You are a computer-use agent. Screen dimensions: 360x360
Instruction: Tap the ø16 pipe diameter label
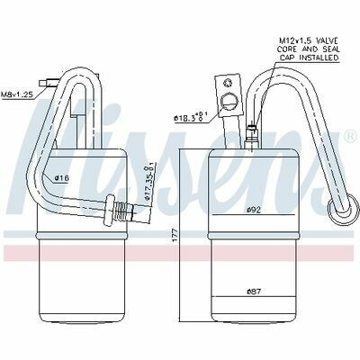[x=62, y=178]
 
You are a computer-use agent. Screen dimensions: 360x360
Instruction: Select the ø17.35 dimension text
[x=149, y=183]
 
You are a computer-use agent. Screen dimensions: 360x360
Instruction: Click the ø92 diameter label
[x=254, y=211]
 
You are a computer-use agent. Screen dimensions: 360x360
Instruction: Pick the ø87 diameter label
[x=254, y=291]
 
